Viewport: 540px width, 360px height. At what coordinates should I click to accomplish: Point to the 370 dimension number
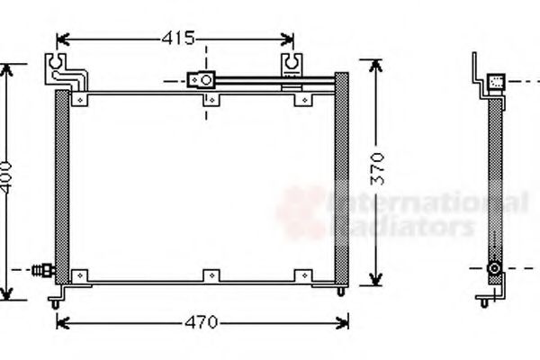coord(380,167)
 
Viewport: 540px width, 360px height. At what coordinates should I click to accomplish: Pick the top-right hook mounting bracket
coord(294,66)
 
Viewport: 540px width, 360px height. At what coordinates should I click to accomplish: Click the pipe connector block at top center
coord(201,80)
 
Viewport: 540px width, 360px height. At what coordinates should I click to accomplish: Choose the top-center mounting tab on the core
coord(208,98)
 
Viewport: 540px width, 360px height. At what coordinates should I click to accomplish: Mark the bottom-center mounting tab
coord(208,274)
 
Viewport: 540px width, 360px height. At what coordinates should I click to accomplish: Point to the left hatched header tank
coord(61,184)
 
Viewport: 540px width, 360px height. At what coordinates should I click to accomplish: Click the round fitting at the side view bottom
coord(493,268)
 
